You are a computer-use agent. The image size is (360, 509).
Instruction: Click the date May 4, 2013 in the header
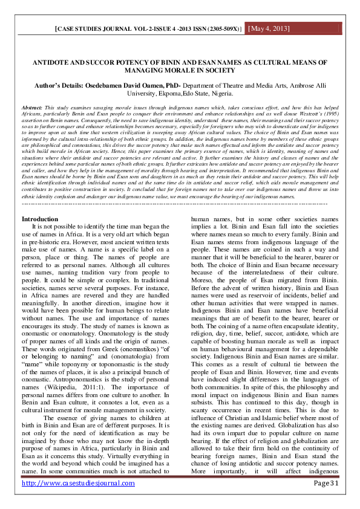(269, 29)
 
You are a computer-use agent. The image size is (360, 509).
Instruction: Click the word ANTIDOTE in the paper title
(53, 63)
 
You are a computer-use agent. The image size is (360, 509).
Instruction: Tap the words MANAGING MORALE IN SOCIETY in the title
(180, 71)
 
